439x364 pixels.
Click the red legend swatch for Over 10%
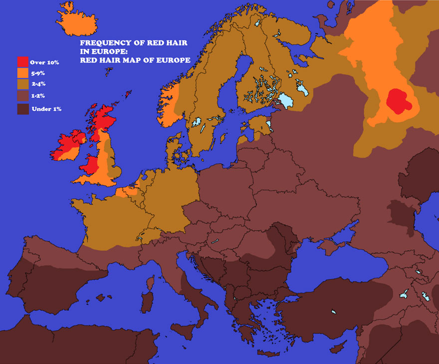coord(23,62)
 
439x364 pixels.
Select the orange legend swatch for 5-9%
coord(23,73)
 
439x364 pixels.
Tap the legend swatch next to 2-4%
coord(23,84)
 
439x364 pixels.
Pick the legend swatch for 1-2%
coord(23,96)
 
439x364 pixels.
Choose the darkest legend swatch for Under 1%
coord(23,108)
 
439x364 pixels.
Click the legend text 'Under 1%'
coord(46,109)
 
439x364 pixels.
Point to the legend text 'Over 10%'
coord(44,62)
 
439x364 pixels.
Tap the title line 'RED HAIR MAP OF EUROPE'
coord(135,60)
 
